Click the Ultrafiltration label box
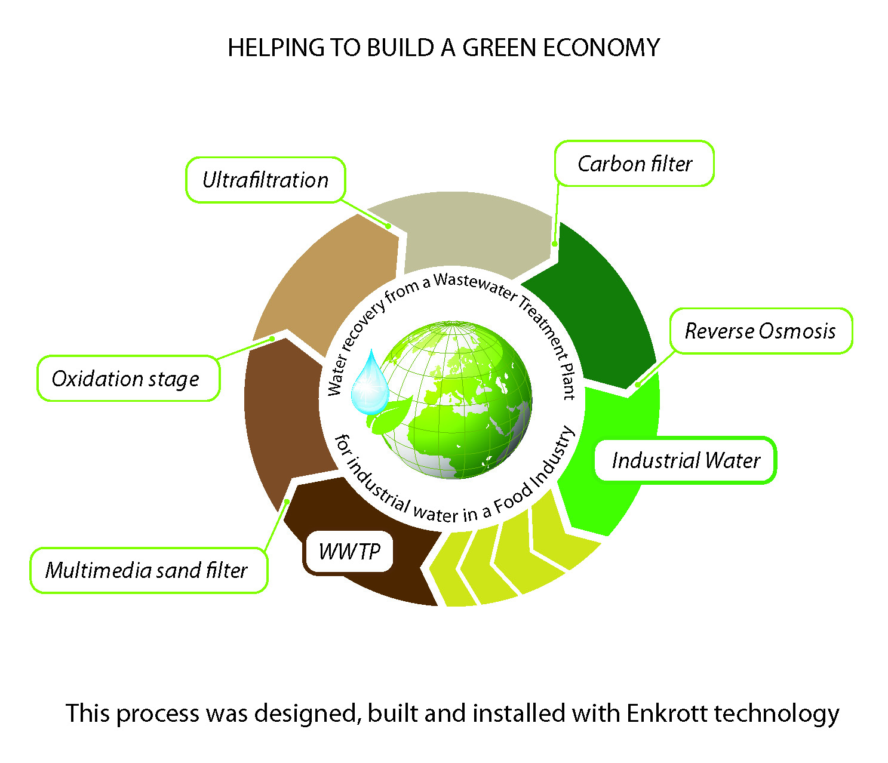pyautogui.click(x=265, y=180)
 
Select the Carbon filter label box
pyautogui.click(x=634, y=164)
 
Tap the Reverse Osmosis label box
pyautogui.click(x=760, y=331)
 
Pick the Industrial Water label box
pyautogui.click(x=686, y=460)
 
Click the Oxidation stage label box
pyautogui.click(x=128, y=379)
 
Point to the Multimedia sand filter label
pyautogui.click(x=148, y=570)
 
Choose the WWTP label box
pyautogui.click(x=349, y=552)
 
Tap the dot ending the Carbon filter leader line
pyautogui.click(x=555, y=244)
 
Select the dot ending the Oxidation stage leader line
pyautogui.click(x=272, y=339)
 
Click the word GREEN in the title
pyautogui.click(x=498, y=48)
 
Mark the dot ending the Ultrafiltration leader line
pyautogui.click(x=388, y=226)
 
